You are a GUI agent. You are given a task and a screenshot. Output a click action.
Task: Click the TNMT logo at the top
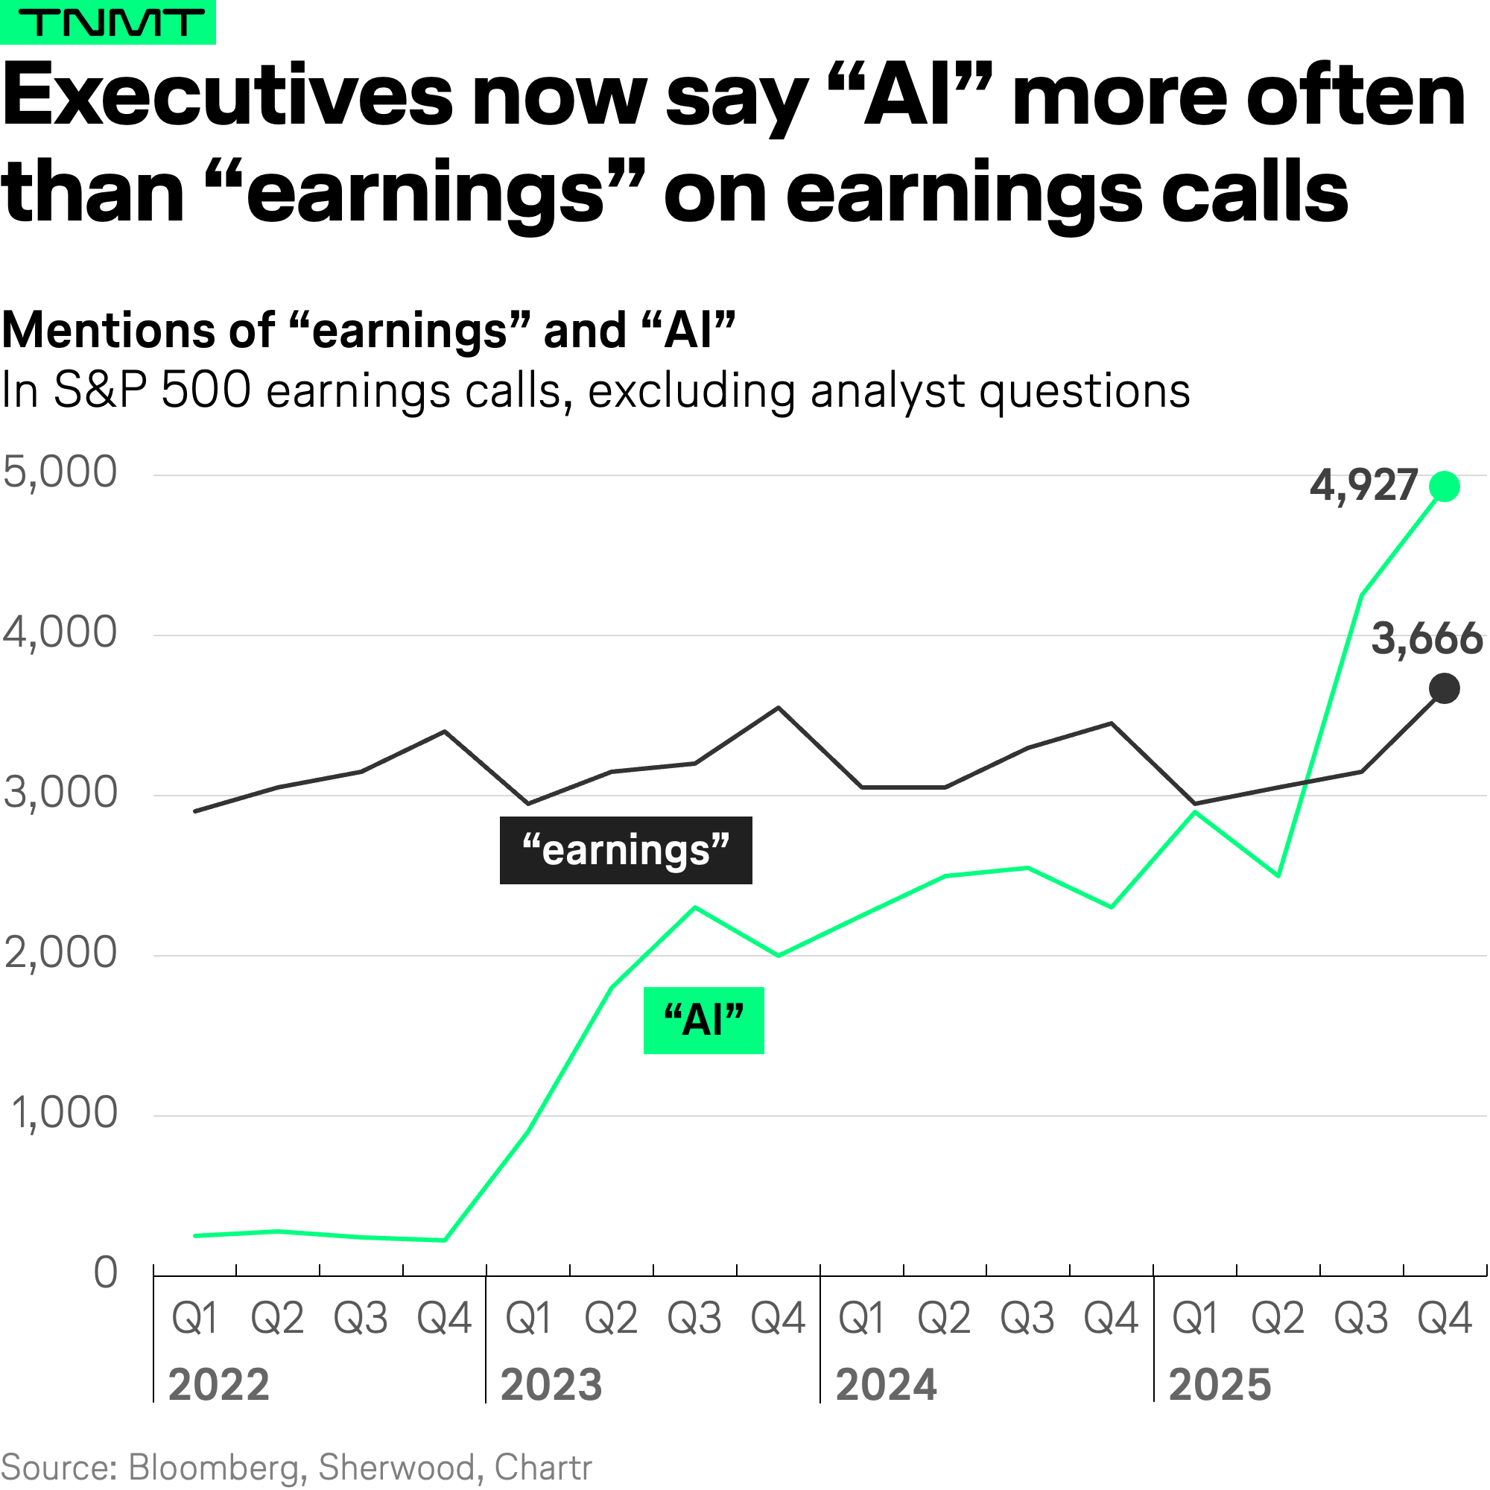pyautogui.click(x=107, y=22)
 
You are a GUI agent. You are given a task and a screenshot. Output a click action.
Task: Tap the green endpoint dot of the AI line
pyautogui.click(x=1445, y=486)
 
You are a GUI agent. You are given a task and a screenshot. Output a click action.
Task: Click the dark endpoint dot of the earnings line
pyautogui.click(x=1445, y=688)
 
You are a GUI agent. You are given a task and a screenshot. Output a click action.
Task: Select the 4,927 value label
pyautogui.click(x=1363, y=486)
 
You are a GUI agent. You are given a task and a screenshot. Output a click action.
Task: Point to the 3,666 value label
pyautogui.click(x=1426, y=639)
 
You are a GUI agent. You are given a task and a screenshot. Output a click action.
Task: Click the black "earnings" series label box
pyautogui.click(x=626, y=850)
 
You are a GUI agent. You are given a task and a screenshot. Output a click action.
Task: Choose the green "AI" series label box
pyautogui.click(x=703, y=1021)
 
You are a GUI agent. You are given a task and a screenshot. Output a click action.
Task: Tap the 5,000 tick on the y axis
pyautogui.click(x=60, y=472)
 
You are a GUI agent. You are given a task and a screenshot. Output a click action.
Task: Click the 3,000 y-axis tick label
pyautogui.click(x=60, y=793)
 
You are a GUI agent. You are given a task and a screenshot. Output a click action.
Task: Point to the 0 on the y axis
pyautogui.click(x=106, y=1272)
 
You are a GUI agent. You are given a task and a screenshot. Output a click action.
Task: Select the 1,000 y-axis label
pyautogui.click(x=63, y=1113)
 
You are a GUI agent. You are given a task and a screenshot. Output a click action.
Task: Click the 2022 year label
pyautogui.click(x=219, y=1384)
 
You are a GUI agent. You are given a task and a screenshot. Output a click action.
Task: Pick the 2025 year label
pyautogui.click(x=1220, y=1384)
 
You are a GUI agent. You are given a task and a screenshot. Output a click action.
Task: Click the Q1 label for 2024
pyautogui.click(x=861, y=1318)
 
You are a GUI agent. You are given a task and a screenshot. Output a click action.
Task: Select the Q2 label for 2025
pyautogui.click(x=1278, y=1318)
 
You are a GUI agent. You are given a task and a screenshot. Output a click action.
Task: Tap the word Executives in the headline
pyautogui.click(x=228, y=96)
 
